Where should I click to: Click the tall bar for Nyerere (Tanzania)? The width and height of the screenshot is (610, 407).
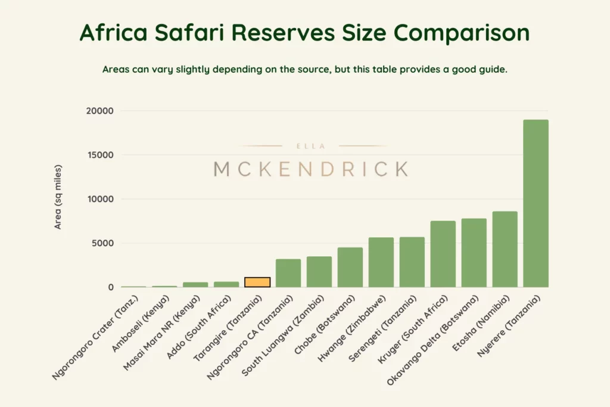[536, 203]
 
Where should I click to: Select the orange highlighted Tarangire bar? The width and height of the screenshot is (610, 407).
[257, 282]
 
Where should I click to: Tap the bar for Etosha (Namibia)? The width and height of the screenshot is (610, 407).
[505, 249]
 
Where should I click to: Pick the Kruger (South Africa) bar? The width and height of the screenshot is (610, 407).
[443, 254]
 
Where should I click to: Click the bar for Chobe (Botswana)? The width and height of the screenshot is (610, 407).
[350, 267]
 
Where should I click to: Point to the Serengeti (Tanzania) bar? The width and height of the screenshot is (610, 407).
[412, 262]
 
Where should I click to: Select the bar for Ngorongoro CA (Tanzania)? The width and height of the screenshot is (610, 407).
[288, 273]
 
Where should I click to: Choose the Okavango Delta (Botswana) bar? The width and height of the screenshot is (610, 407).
[474, 253]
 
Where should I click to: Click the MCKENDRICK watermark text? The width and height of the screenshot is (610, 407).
[311, 169]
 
